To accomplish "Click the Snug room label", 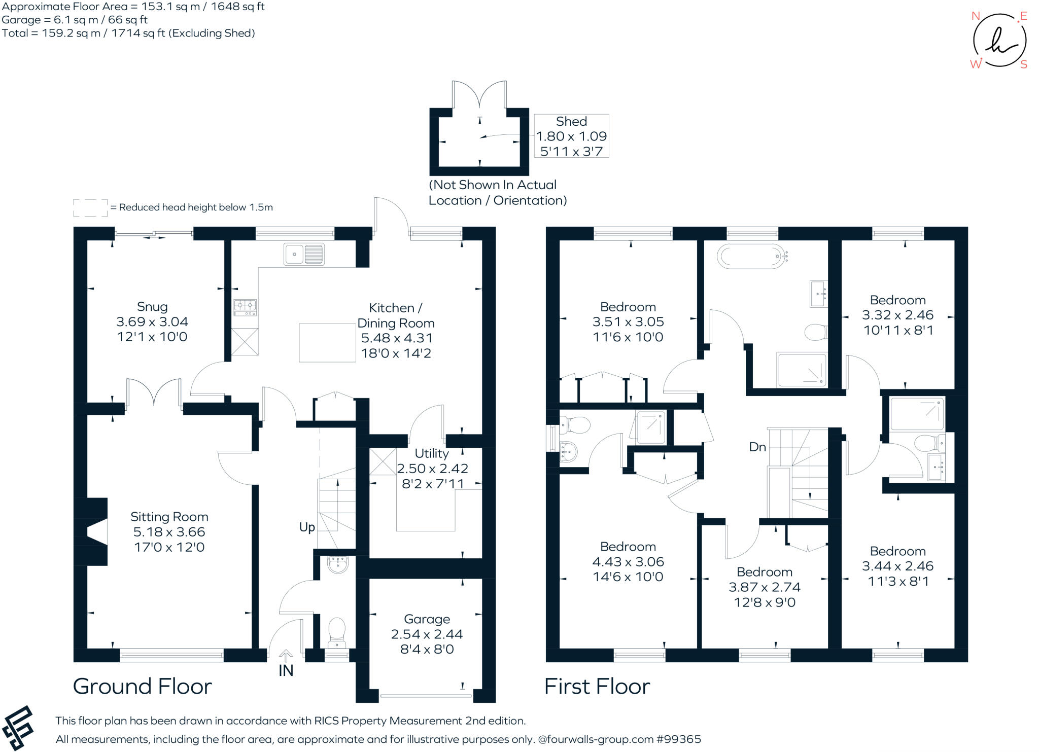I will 152,307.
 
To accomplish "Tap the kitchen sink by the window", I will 303,254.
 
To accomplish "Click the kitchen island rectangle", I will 327,343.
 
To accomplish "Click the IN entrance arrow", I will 286,656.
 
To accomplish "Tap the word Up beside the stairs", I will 307,527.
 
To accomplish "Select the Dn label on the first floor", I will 757,447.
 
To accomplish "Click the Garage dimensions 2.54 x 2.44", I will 427,634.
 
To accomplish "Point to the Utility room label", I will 432,453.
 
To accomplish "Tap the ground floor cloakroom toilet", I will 337,631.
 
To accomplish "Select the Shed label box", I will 571,135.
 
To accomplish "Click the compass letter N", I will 975,16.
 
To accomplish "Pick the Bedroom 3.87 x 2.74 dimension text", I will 765,587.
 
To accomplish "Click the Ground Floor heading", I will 143,687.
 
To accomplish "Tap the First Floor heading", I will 597,687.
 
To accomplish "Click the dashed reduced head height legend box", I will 90,207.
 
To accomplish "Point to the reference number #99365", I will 678,739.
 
